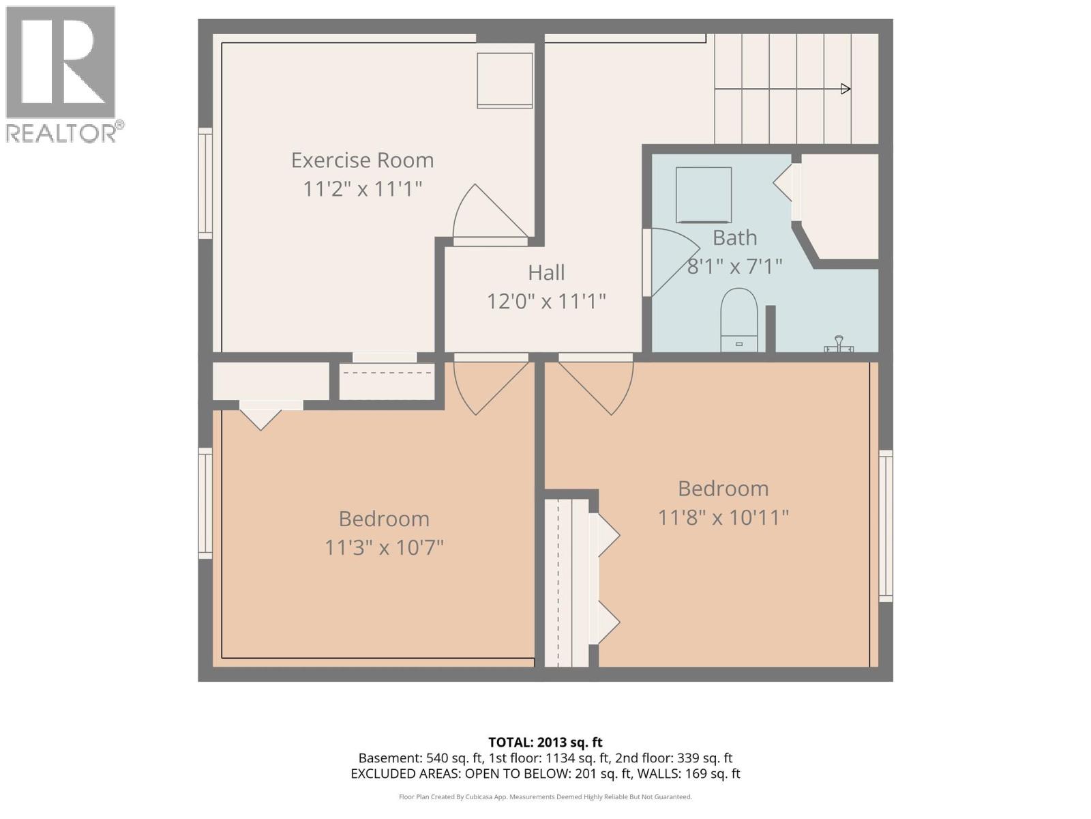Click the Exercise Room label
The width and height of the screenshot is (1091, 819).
pyautogui.click(x=362, y=160)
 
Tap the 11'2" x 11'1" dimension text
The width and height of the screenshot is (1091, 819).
pyautogui.click(x=362, y=188)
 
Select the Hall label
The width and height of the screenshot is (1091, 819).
pyautogui.click(x=546, y=272)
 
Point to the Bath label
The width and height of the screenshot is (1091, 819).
pyautogui.click(x=734, y=238)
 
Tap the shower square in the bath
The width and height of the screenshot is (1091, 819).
pyautogui.click(x=703, y=195)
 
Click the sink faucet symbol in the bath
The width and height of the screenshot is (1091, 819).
pyautogui.click(x=839, y=345)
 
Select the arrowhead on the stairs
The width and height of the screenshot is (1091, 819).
pyautogui.click(x=846, y=89)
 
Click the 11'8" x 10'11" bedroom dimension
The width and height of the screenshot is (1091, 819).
pyautogui.click(x=723, y=517)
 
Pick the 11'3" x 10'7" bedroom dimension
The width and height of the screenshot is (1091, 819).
pyautogui.click(x=384, y=547)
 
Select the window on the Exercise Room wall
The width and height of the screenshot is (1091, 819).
pyautogui.click(x=205, y=183)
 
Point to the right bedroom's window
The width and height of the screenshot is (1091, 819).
pyautogui.click(x=885, y=526)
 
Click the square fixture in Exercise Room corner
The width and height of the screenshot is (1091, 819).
pyautogui.click(x=505, y=80)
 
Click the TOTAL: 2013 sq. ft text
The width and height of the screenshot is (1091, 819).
pyautogui.click(x=545, y=742)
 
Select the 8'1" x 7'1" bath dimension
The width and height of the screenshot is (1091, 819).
pyautogui.click(x=734, y=266)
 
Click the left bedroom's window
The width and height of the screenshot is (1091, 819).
pyautogui.click(x=205, y=503)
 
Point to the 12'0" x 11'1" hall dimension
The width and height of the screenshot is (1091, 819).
pyautogui.click(x=546, y=301)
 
